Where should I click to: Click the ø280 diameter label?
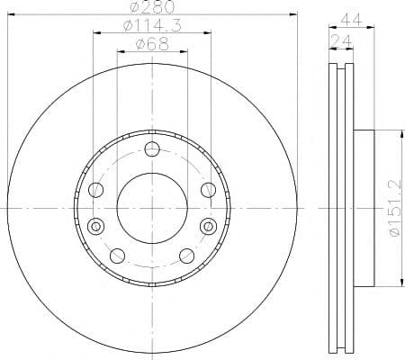pos(152,6)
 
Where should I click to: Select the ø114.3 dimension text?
pos(152,26)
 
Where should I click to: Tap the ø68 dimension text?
pos(152,44)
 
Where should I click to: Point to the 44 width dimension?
pos(352,20)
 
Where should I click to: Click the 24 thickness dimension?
pos(341,40)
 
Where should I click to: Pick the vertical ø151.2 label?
pos(395,208)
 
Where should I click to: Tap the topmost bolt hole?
pos(152,149)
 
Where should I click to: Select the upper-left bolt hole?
pos(96,190)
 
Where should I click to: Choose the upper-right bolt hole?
pos(208,190)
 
